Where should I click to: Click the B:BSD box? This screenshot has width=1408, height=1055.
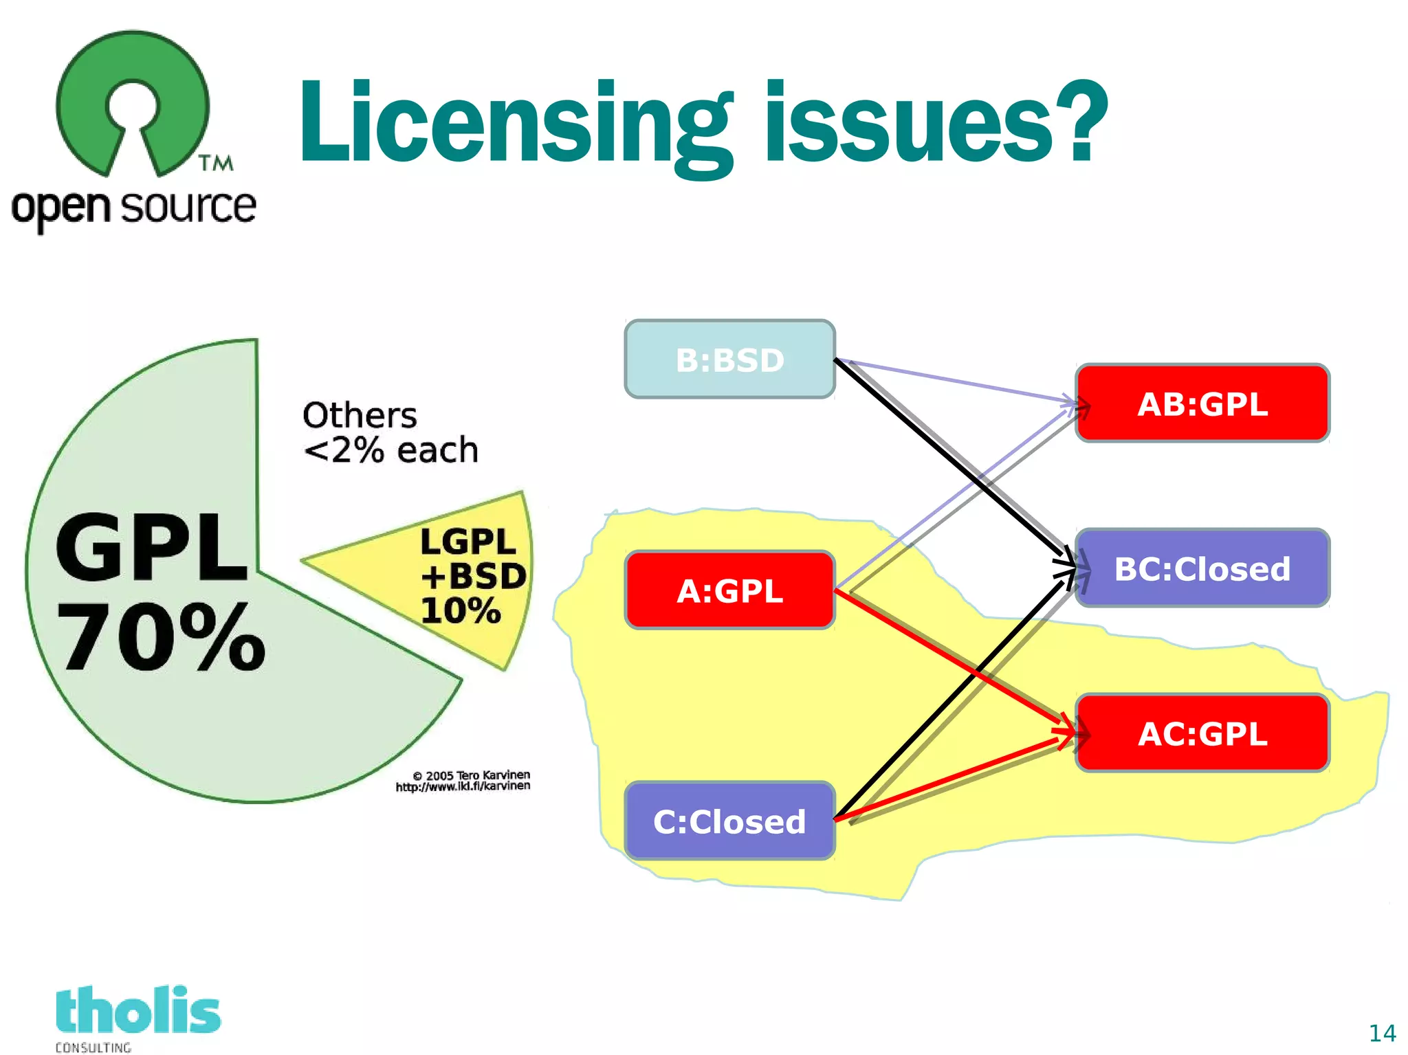click(x=729, y=359)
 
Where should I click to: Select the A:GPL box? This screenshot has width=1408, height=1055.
click(x=729, y=590)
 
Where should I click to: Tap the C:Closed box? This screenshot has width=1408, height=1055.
click(x=729, y=821)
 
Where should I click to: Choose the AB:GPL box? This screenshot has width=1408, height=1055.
click(x=1202, y=403)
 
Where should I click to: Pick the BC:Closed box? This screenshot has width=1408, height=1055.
click(x=1202, y=568)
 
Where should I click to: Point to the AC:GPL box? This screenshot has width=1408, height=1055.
click(x=1202, y=733)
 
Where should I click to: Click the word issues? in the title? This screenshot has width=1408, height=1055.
click(x=935, y=124)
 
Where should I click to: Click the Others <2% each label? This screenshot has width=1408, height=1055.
click(x=390, y=433)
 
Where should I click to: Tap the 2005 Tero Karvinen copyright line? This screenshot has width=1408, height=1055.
click(x=472, y=775)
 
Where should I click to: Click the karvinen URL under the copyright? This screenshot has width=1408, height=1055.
click(x=463, y=786)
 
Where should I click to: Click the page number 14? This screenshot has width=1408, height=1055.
click(x=1382, y=1033)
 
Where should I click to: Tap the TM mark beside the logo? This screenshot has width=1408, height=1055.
click(x=216, y=163)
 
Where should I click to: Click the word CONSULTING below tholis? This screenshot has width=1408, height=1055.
click(x=93, y=1047)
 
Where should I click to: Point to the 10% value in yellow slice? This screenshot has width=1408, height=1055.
click(x=461, y=610)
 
